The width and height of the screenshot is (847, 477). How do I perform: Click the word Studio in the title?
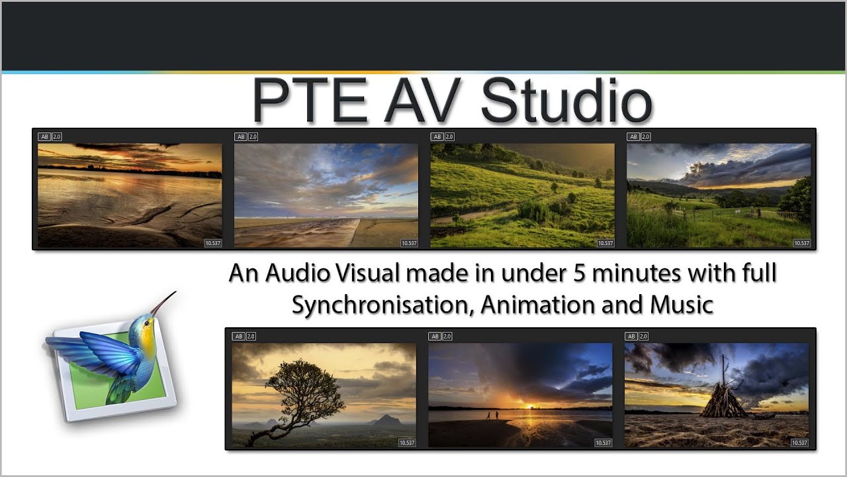pos(566,101)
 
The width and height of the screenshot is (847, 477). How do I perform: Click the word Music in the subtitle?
pos(682,304)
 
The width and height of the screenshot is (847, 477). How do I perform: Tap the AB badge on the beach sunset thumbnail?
pos(44,136)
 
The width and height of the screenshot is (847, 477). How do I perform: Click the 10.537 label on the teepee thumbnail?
pos(799,443)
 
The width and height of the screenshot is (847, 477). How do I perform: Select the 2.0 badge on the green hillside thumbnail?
pos(449,136)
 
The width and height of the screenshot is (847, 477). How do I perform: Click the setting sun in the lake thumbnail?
pos(523,403)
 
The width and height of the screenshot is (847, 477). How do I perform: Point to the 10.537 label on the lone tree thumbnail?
pos(407,443)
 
